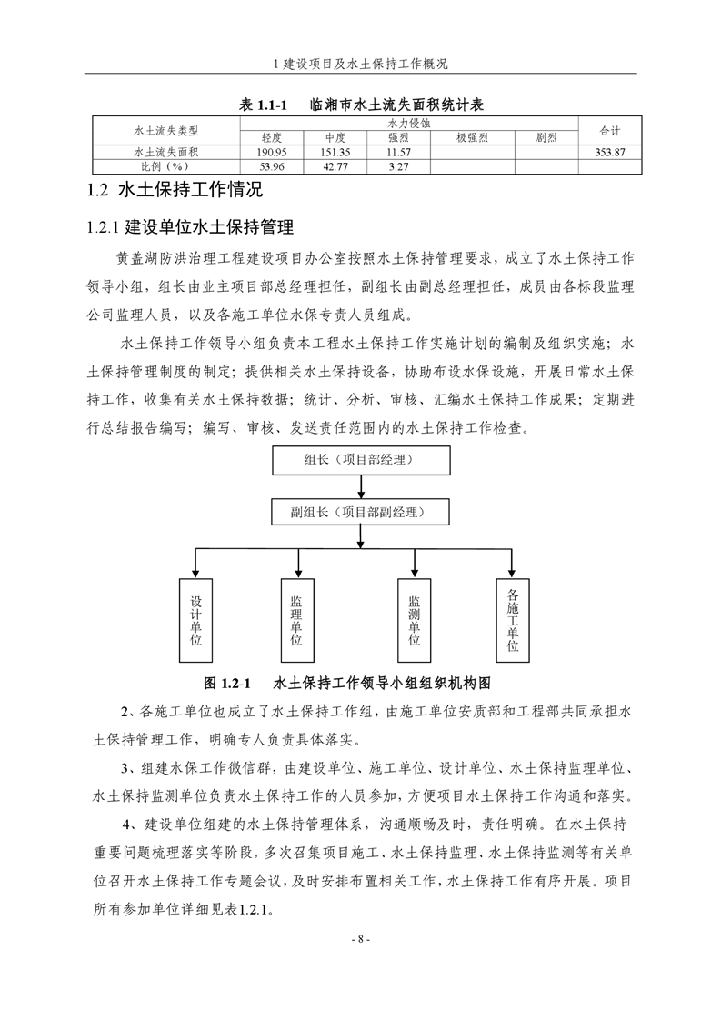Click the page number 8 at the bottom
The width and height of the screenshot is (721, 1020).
[361, 939]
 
